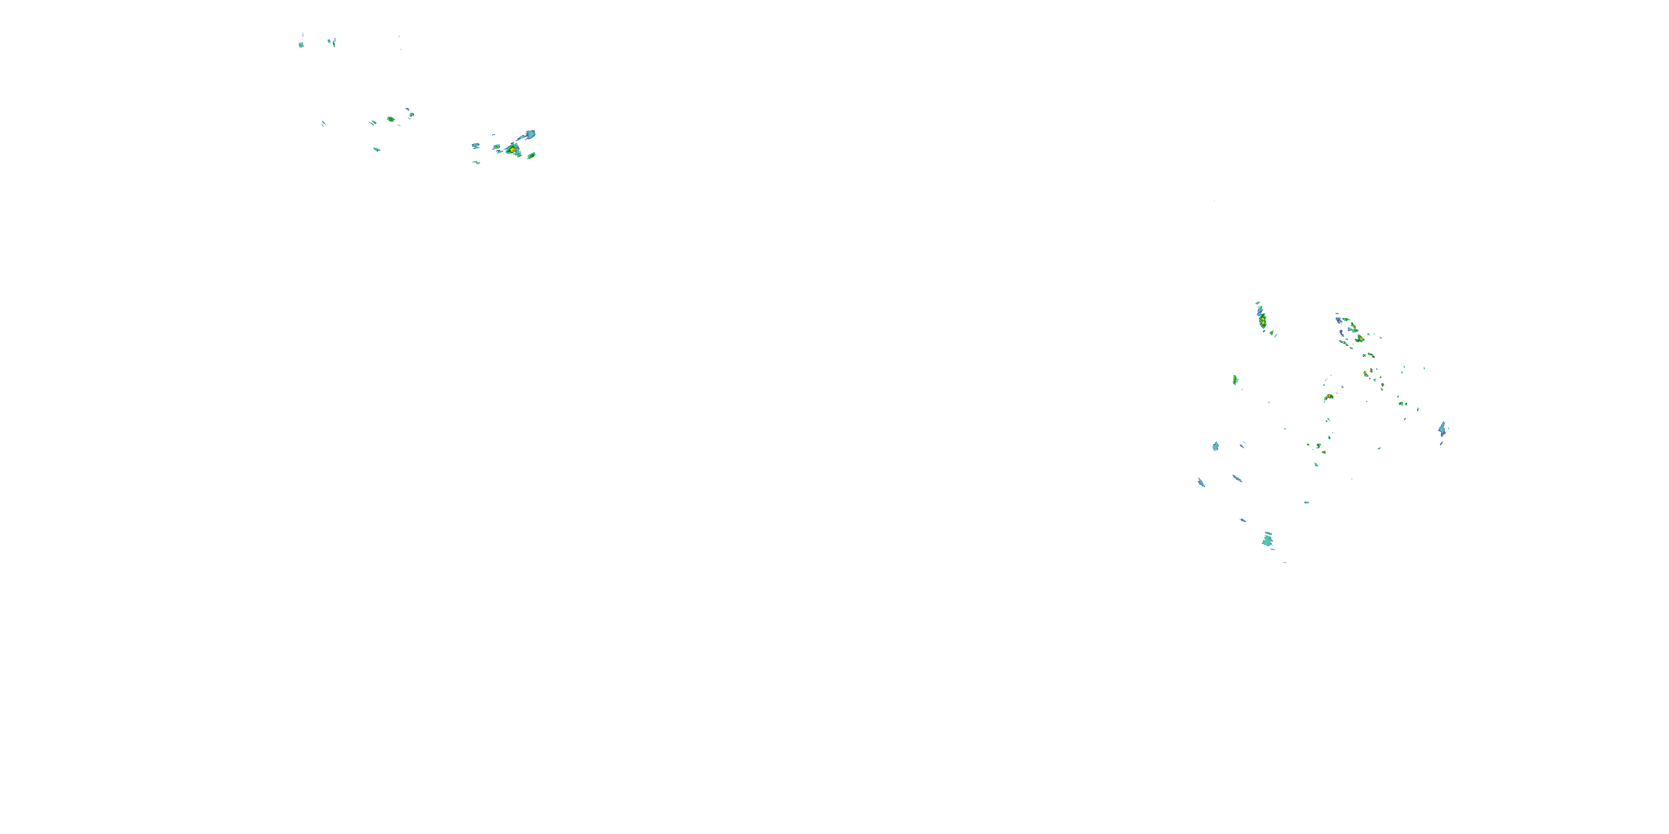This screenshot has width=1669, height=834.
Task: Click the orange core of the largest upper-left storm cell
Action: click(x=512, y=150)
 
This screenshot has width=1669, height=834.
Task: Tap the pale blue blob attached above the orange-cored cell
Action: click(x=530, y=135)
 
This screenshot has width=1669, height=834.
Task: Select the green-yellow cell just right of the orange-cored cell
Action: click(x=531, y=156)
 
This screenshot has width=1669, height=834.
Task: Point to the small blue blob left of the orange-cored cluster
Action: click(x=476, y=146)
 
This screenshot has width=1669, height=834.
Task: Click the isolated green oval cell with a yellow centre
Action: click(x=391, y=119)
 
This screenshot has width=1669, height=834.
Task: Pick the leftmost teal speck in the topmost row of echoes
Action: click(x=302, y=44)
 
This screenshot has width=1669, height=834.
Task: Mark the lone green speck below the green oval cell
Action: click(x=377, y=150)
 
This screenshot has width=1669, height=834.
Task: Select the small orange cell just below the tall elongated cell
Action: click(x=1273, y=334)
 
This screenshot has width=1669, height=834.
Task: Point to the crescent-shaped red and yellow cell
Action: click(x=1328, y=397)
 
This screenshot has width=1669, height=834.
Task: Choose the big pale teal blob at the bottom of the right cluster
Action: click(x=1267, y=539)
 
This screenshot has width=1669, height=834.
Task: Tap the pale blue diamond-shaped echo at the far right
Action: click(x=1441, y=428)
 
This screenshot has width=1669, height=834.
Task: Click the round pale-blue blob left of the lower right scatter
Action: click(x=1216, y=446)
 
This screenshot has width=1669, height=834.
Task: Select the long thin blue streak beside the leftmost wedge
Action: click(x=1237, y=479)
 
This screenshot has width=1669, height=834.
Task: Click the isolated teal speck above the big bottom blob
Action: click(x=1306, y=503)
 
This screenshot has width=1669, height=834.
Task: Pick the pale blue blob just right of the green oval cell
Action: click(x=411, y=115)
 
